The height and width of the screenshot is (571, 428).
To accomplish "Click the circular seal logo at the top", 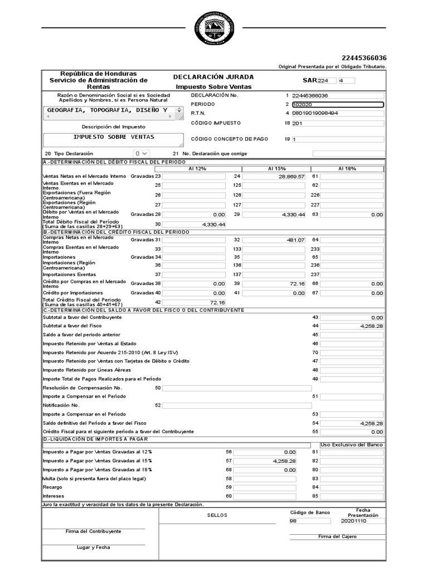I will click(214, 27).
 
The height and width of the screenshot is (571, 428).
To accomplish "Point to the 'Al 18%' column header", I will click(347, 168).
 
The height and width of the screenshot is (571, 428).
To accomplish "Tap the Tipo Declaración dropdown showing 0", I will click(141, 153).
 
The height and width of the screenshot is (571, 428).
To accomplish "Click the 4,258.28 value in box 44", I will click(352, 326).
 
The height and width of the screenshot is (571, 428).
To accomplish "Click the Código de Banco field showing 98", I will click(310, 521).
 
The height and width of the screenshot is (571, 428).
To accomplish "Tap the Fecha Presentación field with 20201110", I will click(362, 521).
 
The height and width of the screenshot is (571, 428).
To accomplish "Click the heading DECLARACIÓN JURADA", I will click(213, 77).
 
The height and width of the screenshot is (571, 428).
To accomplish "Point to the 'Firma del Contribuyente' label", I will click(93, 531).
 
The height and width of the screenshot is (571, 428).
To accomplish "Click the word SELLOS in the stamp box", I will click(217, 515).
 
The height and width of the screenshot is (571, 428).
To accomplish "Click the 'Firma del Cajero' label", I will click(337, 536).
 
